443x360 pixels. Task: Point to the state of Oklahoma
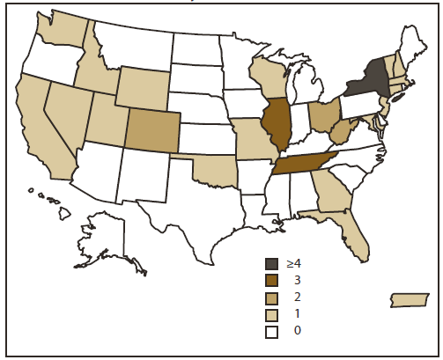pos(211,166)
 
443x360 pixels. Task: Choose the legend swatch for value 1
pos(273,314)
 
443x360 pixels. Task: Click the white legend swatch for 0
pos(273,331)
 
